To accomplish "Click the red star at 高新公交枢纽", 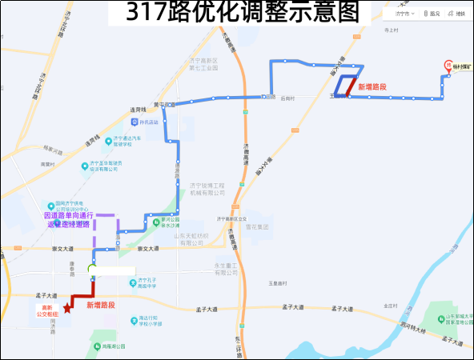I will [x=66, y=308].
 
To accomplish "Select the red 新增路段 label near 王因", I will [x=372, y=86].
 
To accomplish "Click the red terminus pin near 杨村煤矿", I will [x=448, y=66].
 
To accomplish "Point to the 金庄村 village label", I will [x=392, y=306].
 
